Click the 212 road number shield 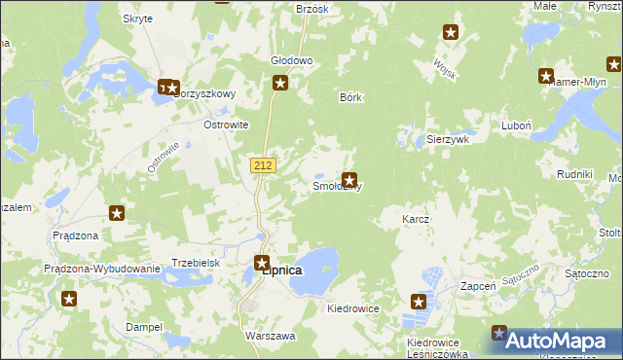click(262, 166)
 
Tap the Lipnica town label click(282, 270)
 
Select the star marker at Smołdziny click(348, 180)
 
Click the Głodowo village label click(291, 60)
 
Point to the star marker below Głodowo click(280, 84)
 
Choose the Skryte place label click(137, 18)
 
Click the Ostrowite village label click(226, 126)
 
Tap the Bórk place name click(350, 97)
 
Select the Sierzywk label click(448, 140)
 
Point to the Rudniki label click(574, 174)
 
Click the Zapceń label click(479, 287)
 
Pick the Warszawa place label click(271, 335)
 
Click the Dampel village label click(143, 327)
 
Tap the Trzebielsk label click(197, 263)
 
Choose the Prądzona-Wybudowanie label click(101, 270)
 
